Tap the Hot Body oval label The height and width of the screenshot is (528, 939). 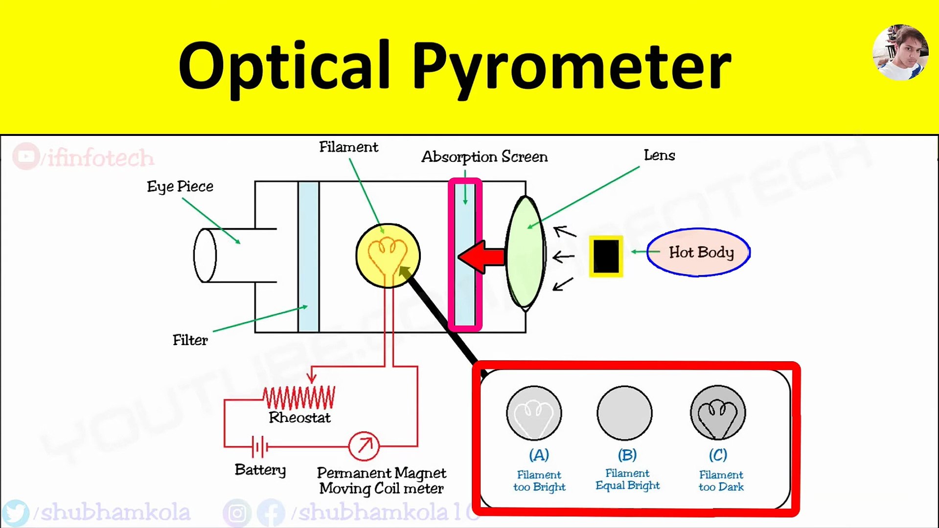[x=698, y=252]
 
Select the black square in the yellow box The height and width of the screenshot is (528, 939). [x=606, y=256]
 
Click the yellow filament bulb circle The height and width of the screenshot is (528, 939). [x=388, y=255]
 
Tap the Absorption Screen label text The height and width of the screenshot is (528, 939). [x=484, y=157]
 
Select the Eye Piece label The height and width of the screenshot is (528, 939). [x=180, y=187]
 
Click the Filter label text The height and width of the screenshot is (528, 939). [x=190, y=340]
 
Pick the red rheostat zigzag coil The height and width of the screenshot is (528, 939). [x=299, y=397]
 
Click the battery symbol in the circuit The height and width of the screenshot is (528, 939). [x=259, y=446]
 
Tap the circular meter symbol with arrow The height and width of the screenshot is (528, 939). [x=364, y=446]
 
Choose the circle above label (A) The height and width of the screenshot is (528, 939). [x=534, y=413]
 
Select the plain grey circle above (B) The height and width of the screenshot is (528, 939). [x=624, y=413]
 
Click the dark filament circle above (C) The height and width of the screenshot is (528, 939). [x=718, y=413]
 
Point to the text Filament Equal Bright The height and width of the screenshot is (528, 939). [x=627, y=480]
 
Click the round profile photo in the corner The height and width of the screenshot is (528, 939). [x=900, y=52]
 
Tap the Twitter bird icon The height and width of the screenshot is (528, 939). [x=16, y=512]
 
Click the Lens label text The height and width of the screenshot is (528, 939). [x=659, y=155]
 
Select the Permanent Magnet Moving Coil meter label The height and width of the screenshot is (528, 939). [x=381, y=481]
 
